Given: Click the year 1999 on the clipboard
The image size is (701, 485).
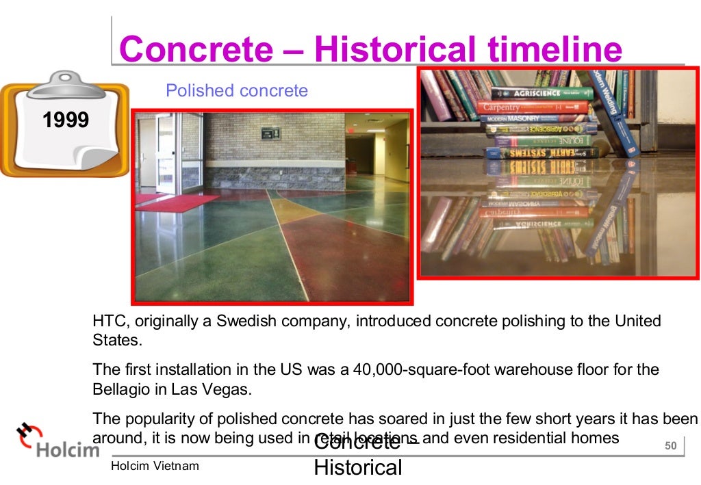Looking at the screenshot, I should tap(66, 121).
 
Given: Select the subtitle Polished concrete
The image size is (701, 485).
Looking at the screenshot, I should tap(237, 90).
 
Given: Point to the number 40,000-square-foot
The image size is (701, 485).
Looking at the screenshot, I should tap(430, 370).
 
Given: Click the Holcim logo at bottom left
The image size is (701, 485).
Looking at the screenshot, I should tap(58, 442).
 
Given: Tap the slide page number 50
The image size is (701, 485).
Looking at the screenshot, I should tap(670, 447).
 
